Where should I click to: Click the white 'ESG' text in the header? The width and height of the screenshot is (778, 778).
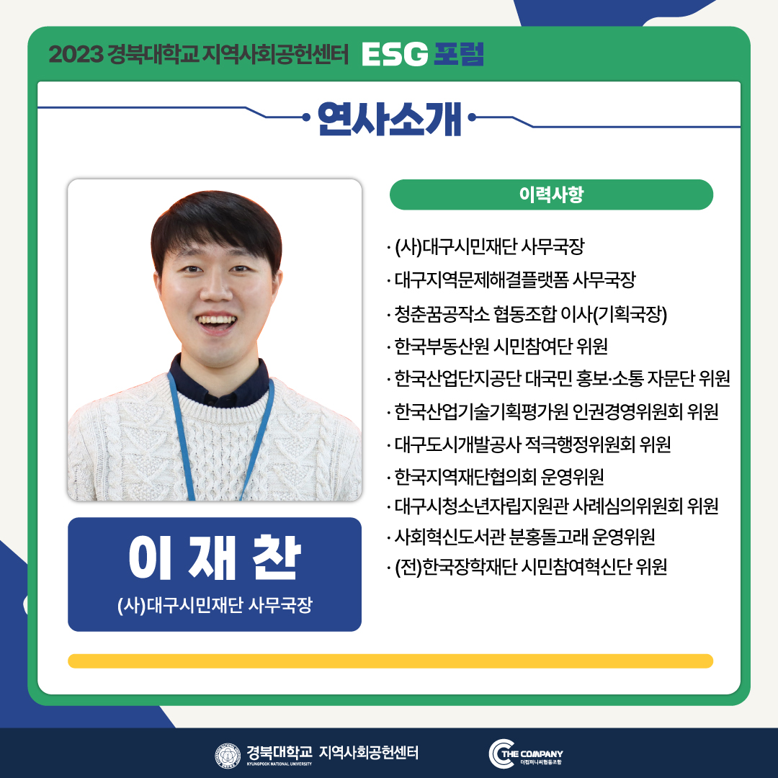pos(395,54)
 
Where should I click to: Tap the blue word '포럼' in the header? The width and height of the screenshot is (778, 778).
pos(458,54)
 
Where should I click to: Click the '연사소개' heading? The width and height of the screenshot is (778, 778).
pos(390,119)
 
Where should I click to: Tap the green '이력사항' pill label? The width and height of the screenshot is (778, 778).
pos(551,194)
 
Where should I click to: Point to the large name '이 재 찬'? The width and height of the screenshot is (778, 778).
pos(215,558)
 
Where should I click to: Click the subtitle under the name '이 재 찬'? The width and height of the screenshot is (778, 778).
pos(215,605)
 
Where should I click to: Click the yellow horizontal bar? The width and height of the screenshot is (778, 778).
pos(390,661)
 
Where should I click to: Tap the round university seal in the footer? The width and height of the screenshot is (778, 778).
pos(228,756)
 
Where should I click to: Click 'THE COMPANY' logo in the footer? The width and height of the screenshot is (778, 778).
pos(526,754)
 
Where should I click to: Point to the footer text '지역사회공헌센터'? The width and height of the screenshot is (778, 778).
pos(369,752)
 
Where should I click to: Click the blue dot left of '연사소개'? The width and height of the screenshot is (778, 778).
pos(306,117)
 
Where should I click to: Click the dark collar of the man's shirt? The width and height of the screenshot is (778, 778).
pos(218,385)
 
